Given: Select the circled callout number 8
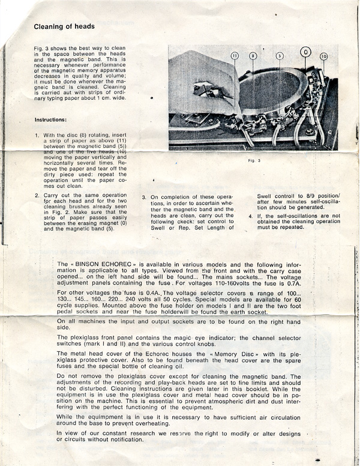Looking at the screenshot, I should point(253,55).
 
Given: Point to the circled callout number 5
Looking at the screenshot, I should point(280,55).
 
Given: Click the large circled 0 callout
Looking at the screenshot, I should point(305,52).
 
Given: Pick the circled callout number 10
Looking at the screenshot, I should point(324,56).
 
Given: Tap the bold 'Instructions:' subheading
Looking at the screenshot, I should point(54,120).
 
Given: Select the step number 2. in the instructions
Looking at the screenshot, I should point(37,195).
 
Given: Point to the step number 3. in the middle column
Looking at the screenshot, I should point(145,196).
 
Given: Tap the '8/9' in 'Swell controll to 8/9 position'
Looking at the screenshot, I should point(297,196).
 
